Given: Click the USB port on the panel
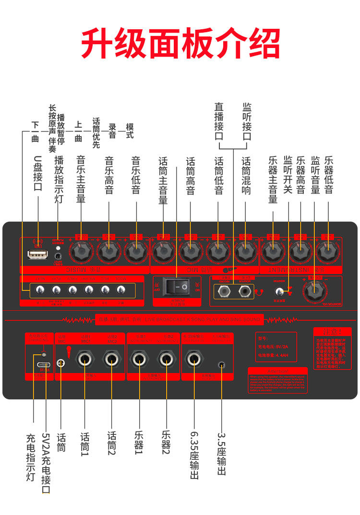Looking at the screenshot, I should tap(36, 254).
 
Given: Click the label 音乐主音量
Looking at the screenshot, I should tap(81, 179).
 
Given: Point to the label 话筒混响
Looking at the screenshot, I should tap(246, 175).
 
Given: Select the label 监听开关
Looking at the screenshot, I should tap(288, 174).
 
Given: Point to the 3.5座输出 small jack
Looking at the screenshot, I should tap(221, 364).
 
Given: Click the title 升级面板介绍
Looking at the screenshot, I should tap(180, 43).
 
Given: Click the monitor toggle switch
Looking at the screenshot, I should tap(278, 291).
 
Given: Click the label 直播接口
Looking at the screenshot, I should tap(219, 121).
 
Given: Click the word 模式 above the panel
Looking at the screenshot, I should tap(130, 131).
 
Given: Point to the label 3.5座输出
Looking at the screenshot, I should tap(221, 454).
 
